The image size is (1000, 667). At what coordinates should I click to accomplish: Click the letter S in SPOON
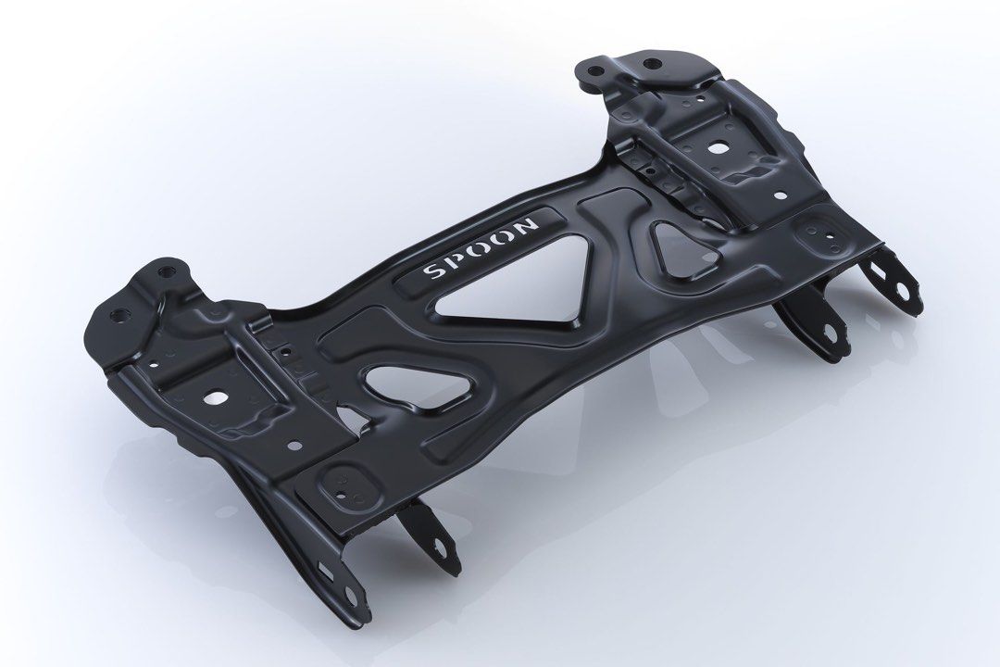coord(432,273)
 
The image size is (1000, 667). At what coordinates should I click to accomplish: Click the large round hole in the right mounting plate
coord(719,146)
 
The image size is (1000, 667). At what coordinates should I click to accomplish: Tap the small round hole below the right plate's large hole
coord(779,195)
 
